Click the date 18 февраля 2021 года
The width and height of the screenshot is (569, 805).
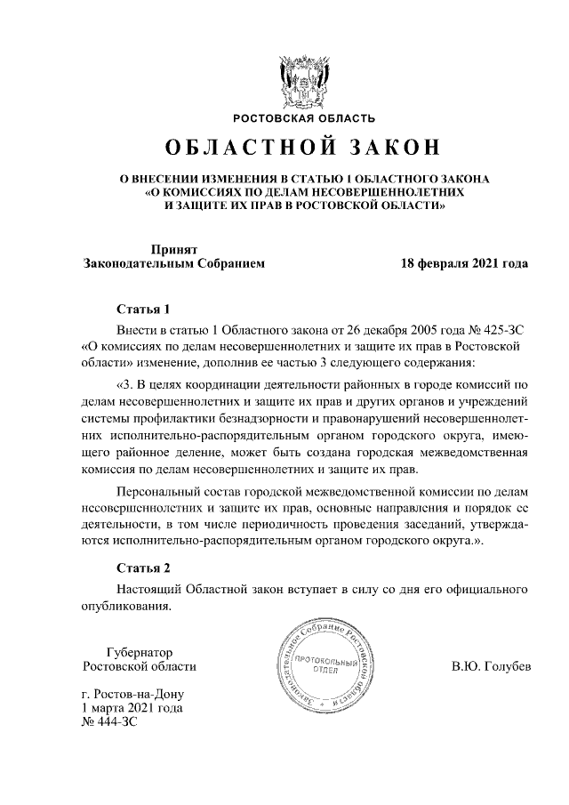coord(464,263)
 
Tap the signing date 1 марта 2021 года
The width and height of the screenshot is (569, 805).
coord(132,708)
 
